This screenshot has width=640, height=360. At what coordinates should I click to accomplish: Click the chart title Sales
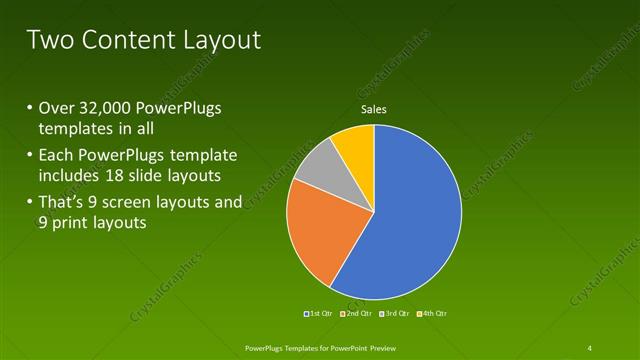pos(373,109)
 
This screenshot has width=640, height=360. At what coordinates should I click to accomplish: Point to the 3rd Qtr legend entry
pos(394,314)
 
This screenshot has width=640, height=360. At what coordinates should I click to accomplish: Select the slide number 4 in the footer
pos(590,347)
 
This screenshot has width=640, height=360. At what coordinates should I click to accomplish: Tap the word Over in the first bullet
pos(56,109)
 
